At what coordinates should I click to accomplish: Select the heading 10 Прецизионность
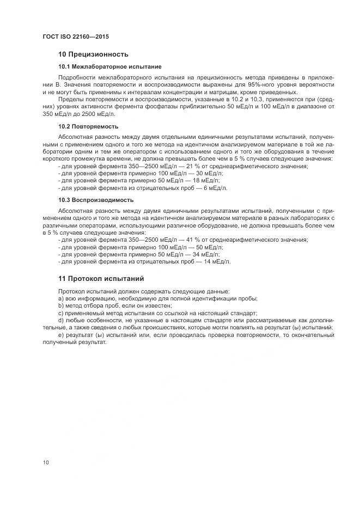[93, 54]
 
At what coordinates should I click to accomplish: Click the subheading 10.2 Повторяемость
[88, 126]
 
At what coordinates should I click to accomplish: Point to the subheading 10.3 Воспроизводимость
[96, 200]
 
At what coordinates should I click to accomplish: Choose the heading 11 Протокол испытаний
[101, 279]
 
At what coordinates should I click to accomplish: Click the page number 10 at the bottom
[46, 463]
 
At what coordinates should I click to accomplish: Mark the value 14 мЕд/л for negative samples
[216, 262]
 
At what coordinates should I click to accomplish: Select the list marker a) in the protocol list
[60, 298]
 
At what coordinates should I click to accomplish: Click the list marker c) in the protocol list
[60, 313]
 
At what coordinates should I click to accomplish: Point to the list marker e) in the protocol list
[60, 335]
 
